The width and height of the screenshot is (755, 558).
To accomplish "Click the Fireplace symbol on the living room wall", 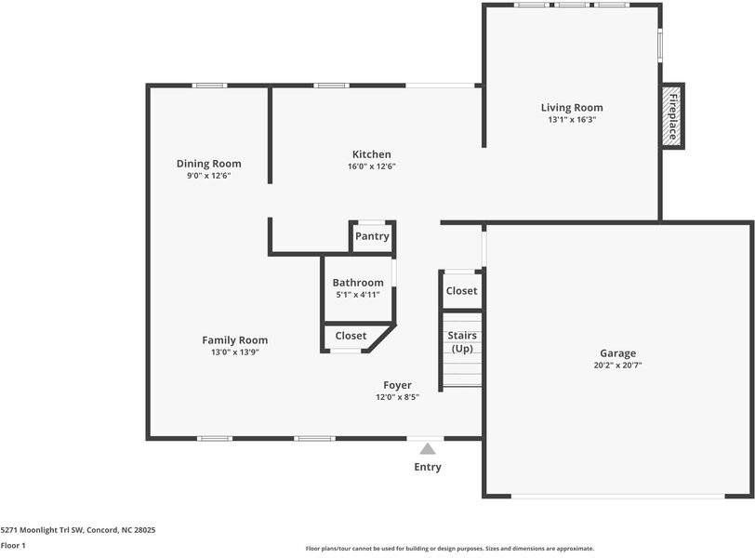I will pos(671,116).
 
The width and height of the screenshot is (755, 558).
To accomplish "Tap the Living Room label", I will pos(575,108).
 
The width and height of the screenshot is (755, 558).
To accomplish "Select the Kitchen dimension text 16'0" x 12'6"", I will pos(371,166).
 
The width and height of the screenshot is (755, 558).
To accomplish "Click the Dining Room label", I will pos(208,164).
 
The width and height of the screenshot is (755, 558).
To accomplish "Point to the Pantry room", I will pos(372,236).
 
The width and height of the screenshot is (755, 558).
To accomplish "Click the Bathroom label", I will pos(358,283).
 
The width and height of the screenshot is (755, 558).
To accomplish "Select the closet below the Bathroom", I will pos(351,336).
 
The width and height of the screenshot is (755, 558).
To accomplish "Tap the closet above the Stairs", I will pos(461,291).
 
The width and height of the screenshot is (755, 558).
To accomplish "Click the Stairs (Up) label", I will pos(462,341).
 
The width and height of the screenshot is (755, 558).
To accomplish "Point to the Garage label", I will pos(617,353).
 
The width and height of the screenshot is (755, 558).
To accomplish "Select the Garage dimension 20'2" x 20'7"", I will pos(617,365).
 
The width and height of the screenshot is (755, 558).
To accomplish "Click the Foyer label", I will pos(397,385).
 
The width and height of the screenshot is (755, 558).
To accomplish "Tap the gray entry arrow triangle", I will pos(428,448).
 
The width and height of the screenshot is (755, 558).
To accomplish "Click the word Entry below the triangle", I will pos(428,467).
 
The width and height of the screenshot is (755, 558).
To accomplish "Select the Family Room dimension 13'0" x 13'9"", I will pos(234,352).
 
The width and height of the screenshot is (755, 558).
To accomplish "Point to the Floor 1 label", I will pos(13,545).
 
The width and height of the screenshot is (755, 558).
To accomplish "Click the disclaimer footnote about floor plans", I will pos(449,549).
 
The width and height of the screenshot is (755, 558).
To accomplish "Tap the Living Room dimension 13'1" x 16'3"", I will pos(574,120).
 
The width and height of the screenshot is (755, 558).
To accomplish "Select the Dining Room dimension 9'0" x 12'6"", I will pos(208,176).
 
